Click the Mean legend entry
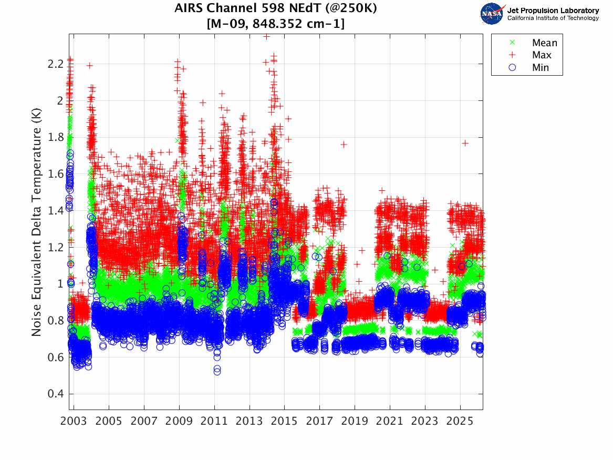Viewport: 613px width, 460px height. coord(544,43)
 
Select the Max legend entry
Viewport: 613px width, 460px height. coord(541,55)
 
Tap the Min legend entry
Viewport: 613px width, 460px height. coord(540,67)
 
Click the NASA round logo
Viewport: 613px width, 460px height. coord(492,14)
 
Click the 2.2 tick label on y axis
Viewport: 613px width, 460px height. coord(56,64)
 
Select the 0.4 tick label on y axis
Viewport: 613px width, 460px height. coord(56,394)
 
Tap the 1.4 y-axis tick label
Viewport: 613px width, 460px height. coord(56,210)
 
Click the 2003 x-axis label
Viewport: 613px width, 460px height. coord(74,422)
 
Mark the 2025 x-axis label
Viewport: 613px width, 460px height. coord(460,422)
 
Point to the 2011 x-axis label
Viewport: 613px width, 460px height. coord(214,422)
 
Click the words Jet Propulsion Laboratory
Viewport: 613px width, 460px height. coord(553,11)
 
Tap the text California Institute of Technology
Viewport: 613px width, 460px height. coord(553,18)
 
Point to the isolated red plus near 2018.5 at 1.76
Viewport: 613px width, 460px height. coord(344,144)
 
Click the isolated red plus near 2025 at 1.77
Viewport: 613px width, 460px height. coord(465,142)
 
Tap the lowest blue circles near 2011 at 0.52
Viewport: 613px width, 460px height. coord(217,371)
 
